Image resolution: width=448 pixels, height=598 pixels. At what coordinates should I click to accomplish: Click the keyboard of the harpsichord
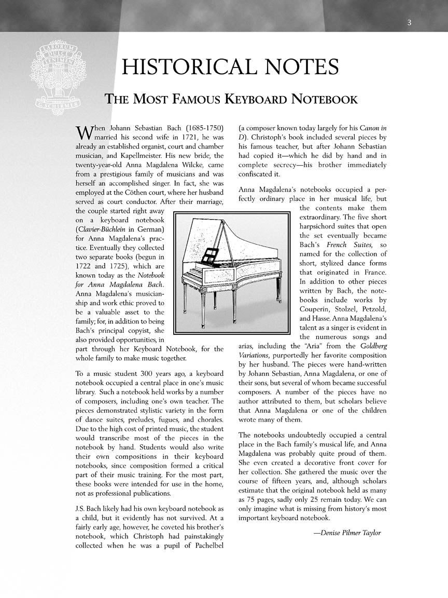click(x=193, y=272)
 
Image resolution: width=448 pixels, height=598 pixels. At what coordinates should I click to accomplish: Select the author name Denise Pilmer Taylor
click(x=347, y=533)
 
